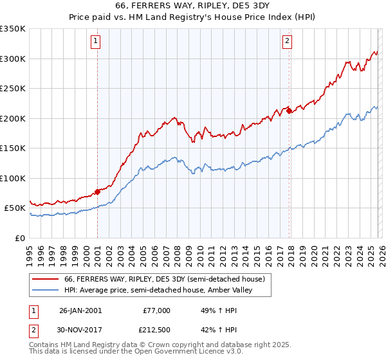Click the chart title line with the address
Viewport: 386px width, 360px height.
192,6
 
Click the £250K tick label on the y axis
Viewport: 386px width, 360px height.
13,89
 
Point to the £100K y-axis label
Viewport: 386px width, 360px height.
13,178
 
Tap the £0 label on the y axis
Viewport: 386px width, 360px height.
20,238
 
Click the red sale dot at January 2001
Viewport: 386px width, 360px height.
97,191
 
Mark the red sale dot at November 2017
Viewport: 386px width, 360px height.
289,111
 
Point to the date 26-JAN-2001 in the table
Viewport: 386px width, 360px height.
80,310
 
